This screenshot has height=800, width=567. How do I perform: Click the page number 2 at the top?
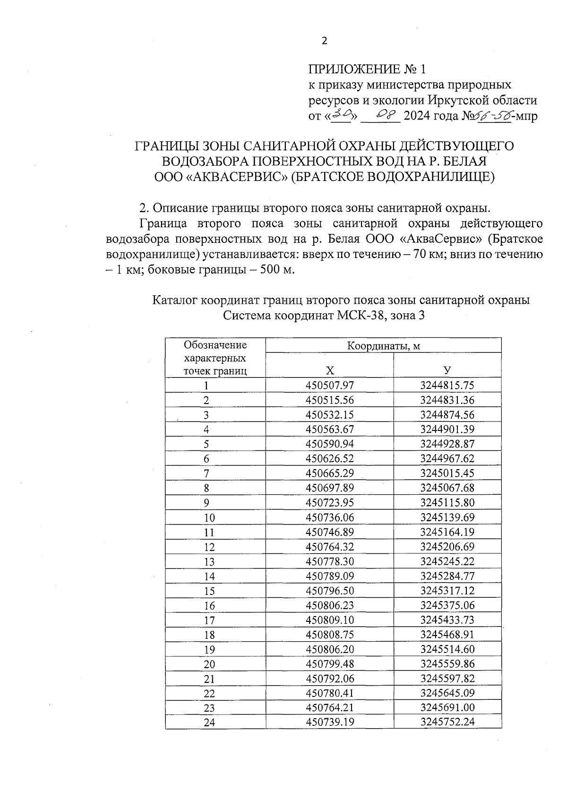coord(324,41)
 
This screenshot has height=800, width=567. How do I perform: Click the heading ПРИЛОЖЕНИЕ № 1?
coord(367,69)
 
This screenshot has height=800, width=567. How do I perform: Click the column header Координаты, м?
coord(383,346)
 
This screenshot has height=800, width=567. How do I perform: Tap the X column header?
coord(329,370)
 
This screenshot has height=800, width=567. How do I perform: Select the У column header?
coord(447,370)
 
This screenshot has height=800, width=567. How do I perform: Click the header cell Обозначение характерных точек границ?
coord(215,358)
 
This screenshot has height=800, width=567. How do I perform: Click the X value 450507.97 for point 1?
coord(329,386)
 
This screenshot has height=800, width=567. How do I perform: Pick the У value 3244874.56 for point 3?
coord(447,415)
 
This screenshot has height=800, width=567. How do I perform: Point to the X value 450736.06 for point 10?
coord(329,517)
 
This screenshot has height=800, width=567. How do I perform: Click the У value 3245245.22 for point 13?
coord(447,561)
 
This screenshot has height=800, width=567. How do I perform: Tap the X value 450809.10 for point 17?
coord(329,620)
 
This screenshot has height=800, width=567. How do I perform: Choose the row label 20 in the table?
coord(209,664)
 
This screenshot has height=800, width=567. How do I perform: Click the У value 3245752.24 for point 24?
coord(447,722)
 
